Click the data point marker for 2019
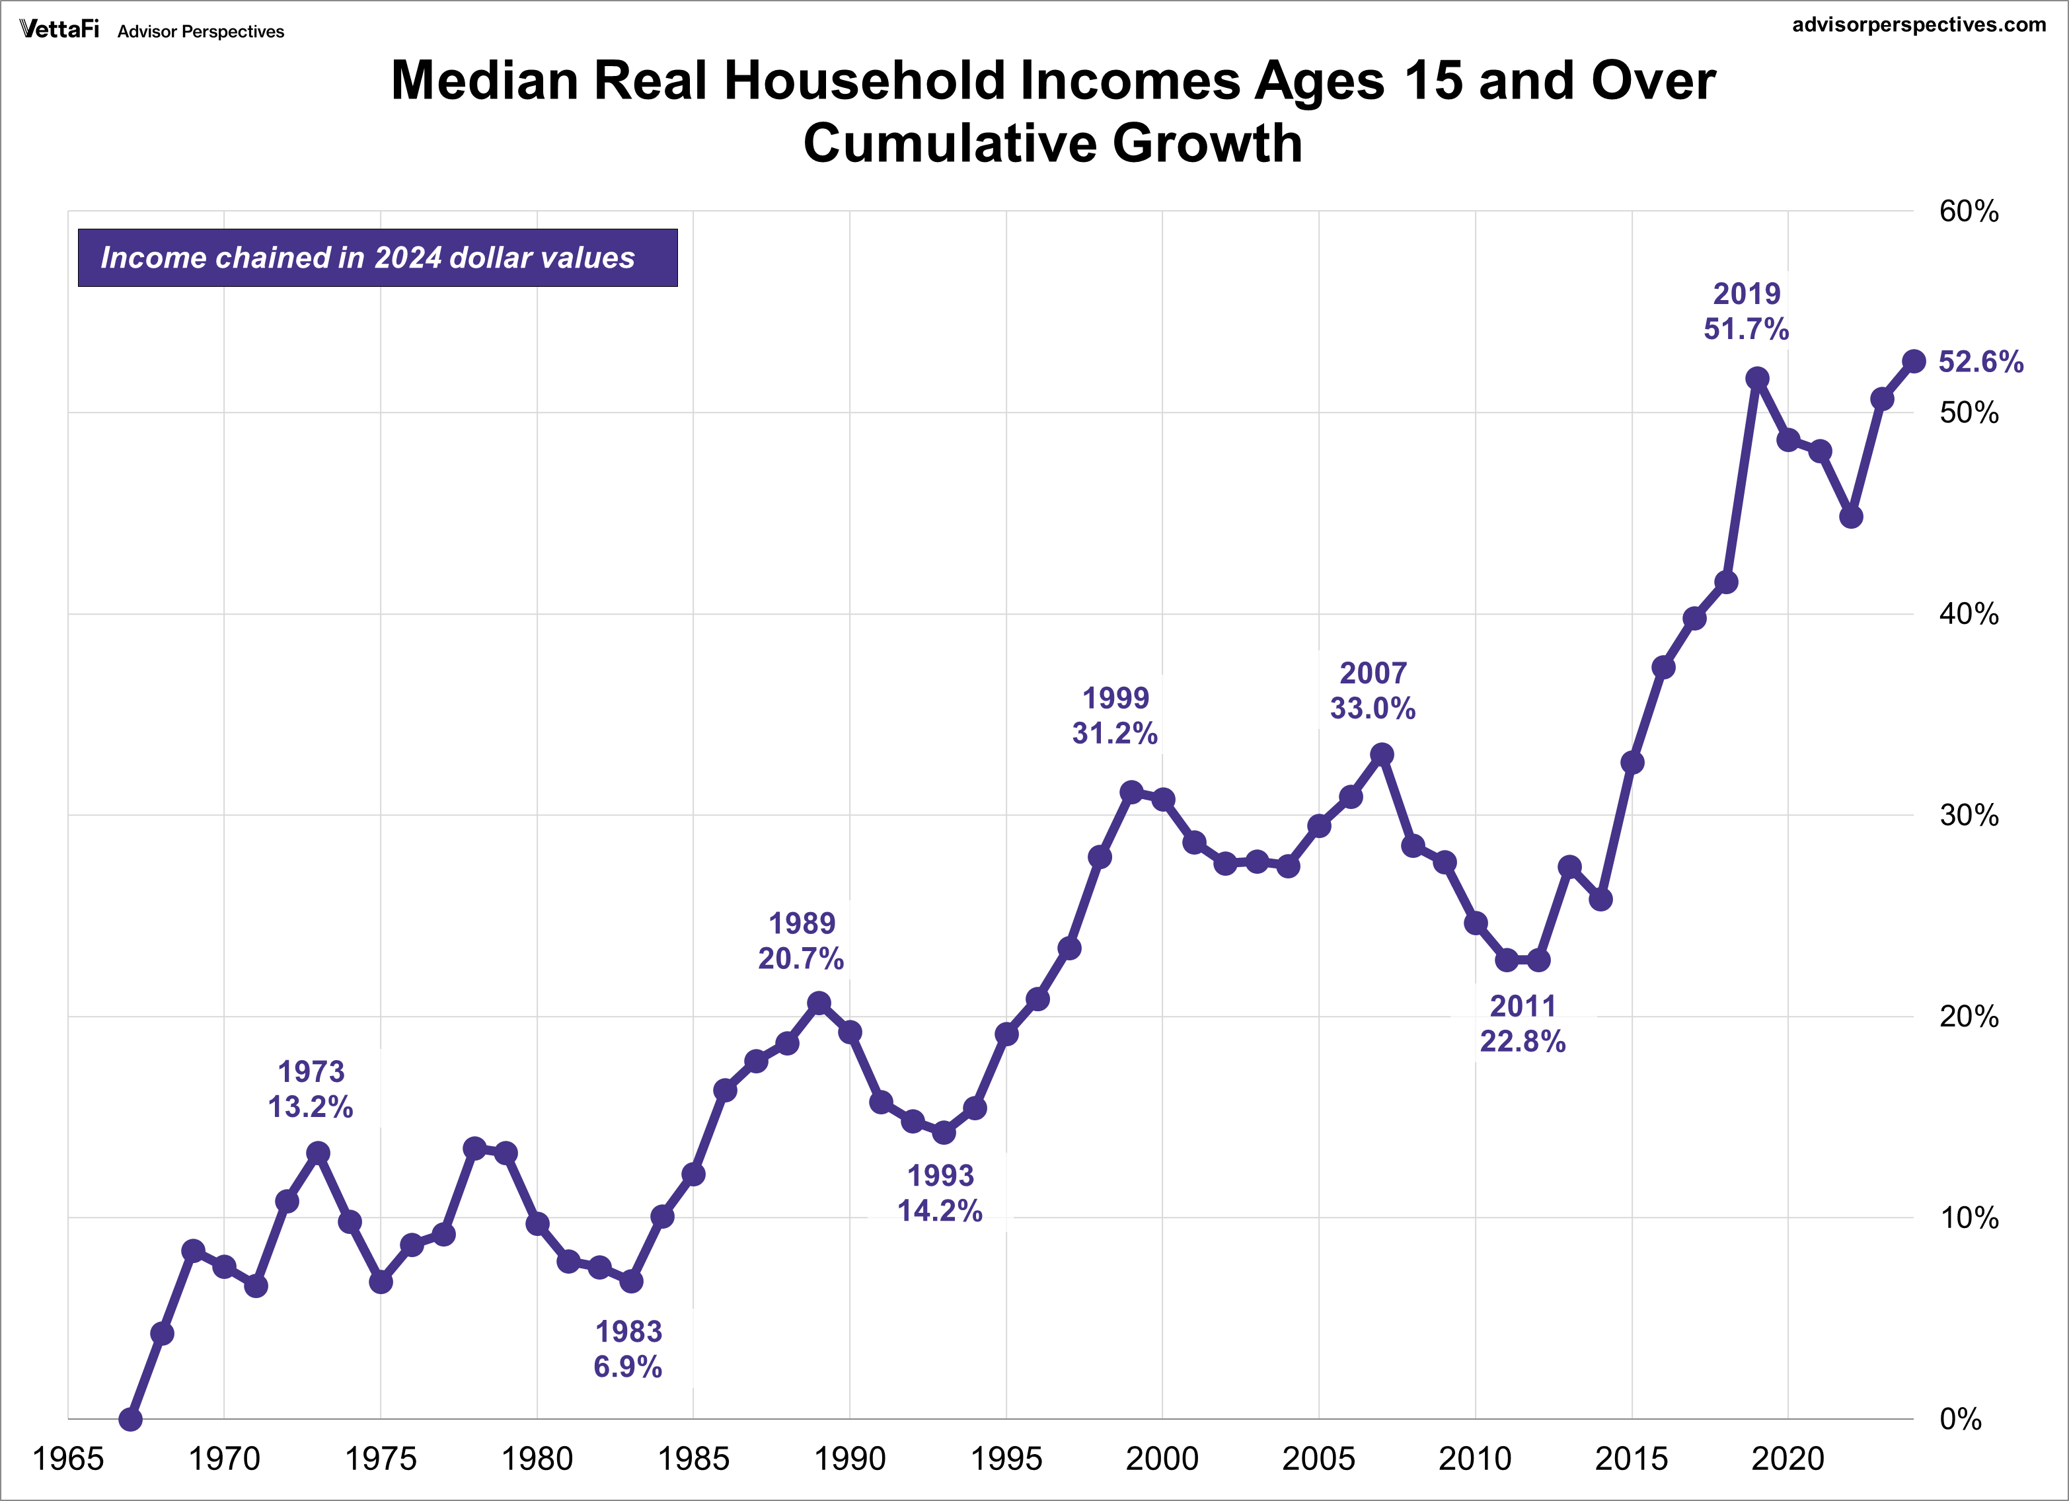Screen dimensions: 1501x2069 click(1757, 379)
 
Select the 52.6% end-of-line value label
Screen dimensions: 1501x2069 click(1980, 362)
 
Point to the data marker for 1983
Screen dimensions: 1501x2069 click(631, 1281)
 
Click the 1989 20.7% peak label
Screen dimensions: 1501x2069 click(801, 941)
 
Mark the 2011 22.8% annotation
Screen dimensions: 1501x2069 click(1523, 1024)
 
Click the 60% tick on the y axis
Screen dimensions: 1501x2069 click(1969, 212)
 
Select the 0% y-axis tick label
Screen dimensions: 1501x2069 click(1961, 1419)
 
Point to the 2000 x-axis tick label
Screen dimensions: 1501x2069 click(1162, 1459)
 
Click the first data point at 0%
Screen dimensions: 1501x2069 click(130, 1419)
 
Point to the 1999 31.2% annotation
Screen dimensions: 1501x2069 click(1115, 715)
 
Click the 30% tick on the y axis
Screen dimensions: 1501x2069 click(1969, 815)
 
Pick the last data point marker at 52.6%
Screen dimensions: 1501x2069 click(1914, 362)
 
